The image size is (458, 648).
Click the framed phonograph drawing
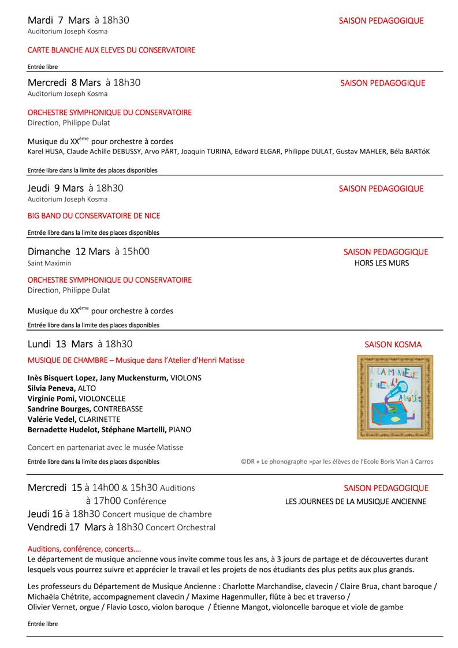394,397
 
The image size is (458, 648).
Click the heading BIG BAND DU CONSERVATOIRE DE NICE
94,216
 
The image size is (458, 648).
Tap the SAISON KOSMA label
393,344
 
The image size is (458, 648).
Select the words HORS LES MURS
381,263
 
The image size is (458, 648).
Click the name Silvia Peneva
51,388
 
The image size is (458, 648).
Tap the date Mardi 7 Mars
58,20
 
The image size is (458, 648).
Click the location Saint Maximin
50,263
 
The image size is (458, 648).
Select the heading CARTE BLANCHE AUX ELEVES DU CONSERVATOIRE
111,50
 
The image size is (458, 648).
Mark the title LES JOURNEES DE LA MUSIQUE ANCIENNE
355,501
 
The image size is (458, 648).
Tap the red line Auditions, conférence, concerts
84,549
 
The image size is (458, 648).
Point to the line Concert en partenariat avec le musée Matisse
105,447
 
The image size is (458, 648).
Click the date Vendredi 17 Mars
66,527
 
